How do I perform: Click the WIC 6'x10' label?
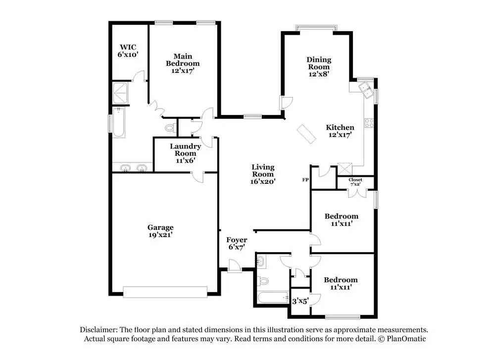128,51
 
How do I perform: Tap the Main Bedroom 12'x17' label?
183,63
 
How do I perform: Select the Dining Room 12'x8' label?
319,67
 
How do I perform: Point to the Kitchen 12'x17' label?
340,131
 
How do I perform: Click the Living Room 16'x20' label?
263,174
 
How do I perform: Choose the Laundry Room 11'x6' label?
185,153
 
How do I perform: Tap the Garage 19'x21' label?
160,231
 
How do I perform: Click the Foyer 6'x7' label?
237,244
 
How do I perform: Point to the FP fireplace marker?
305,180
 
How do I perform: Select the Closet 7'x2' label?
355,182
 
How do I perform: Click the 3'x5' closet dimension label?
300,301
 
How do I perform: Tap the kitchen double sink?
366,90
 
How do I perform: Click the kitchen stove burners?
369,123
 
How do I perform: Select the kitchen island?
306,134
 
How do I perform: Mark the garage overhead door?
165,292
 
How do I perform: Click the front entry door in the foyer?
235,266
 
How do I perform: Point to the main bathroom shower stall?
120,93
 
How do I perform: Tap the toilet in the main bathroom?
170,128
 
